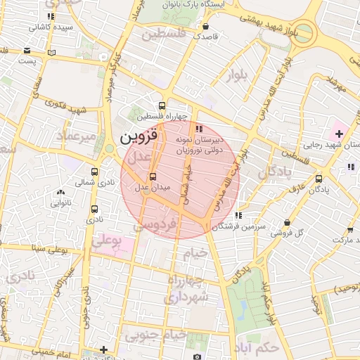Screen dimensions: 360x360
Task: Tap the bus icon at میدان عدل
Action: coord(153,176)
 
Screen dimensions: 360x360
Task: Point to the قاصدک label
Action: coord(205,35)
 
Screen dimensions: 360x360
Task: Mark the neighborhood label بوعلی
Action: coord(108,240)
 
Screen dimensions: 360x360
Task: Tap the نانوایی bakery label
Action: coord(60,203)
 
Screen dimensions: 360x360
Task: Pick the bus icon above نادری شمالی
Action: coord(95,171)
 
